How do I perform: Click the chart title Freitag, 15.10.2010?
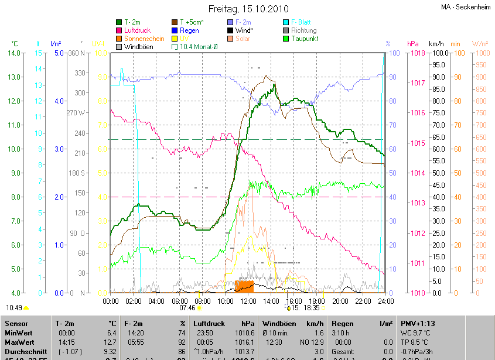(x=247, y=9)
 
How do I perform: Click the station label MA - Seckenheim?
(x=465, y=8)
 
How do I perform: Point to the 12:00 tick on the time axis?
(x=248, y=301)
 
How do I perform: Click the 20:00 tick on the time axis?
(x=340, y=301)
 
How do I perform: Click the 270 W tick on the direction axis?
(x=77, y=113)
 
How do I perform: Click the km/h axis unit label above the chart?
(x=436, y=44)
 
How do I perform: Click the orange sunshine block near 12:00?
(x=244, y=286)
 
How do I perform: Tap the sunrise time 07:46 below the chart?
(x=187, y=307)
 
